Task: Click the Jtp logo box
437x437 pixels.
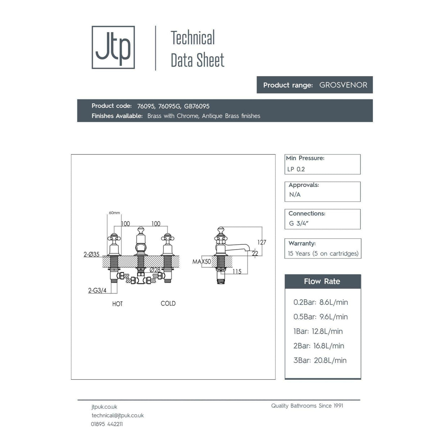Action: (113, 47)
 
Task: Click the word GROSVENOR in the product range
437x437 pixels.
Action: (343, 85)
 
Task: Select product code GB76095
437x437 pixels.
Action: (197, 106)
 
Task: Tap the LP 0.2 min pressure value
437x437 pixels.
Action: (296, 169)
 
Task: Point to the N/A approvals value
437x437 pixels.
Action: (295, 195)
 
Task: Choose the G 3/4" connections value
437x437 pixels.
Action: (299, 223)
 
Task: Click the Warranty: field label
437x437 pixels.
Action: (302, 243)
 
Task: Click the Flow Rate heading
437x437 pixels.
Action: (322, 281)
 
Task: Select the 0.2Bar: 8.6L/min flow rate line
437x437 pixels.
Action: (320, 302)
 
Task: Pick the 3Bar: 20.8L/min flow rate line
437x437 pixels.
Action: (320, 360)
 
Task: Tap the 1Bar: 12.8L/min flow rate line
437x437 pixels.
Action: (318, 332)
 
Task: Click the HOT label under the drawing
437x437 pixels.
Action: (117, 304)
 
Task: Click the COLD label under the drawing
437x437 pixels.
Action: (168, 303)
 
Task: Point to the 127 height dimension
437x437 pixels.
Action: (262, 242)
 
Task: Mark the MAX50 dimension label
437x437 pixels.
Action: (202, 262)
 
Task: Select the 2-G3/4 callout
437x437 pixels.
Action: (97, 290)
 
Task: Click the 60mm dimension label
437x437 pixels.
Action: (114, 213)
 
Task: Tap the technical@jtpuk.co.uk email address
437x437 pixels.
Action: (117, 415)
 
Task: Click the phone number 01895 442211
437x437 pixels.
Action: (107, 424)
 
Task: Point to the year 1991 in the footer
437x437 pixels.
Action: (338, 406)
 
